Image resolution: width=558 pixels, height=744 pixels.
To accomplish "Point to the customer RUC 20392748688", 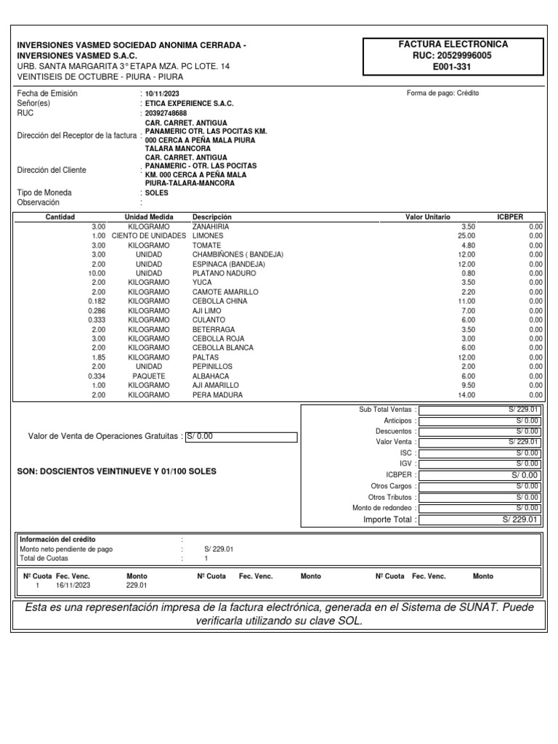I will pyautogui.click(x=166, y=113).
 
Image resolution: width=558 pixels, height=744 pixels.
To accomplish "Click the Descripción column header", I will pyautogui.click(x=211, y=217).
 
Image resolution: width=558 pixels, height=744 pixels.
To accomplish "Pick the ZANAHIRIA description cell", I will pyautogui.click(x=210, y=227).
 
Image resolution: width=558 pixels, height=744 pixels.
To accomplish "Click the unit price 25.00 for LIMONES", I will pyautogui.click(x=466, y=236).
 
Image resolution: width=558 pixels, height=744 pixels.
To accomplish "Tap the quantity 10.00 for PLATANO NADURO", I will pyautogui.click(x=95, y=272).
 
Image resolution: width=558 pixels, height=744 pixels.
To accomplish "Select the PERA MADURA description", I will pyautogui.click(x=217, y=395).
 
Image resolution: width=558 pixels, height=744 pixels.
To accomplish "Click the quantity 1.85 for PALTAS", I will pyautogui.click(x=98, y=357).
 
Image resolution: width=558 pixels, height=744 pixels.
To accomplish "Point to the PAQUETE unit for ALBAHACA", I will pyautogui.click(x=149, y=376).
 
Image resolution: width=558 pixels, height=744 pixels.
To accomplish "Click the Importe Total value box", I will pyautogui.click(x=480, y=520).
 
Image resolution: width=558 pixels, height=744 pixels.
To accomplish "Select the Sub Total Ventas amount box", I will pyautogui.click(x=480, y=410).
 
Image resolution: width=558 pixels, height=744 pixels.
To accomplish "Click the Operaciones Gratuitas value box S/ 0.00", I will pyautogui.click(x=241, y=437).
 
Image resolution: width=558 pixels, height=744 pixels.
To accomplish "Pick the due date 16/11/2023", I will pyautogui.click(x=73, y=585).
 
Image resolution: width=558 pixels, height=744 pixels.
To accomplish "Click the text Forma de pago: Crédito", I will pyautogui.click(x=443, y=93).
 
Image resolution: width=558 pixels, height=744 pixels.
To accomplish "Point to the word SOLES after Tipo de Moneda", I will pyautogui.click(x=156, y=193).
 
